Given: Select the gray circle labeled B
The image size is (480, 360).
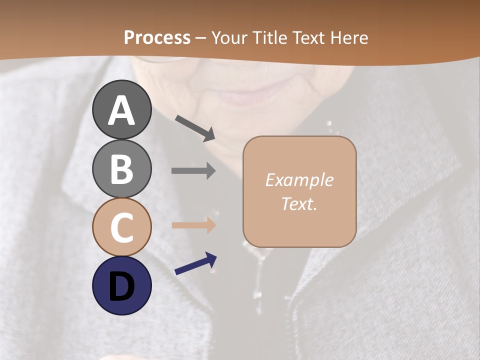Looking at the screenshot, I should point(121,168).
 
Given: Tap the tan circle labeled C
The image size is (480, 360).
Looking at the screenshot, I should point(121,227).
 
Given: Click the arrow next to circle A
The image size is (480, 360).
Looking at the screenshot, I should point(195,127).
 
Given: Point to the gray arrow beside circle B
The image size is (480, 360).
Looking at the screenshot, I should point(193,171).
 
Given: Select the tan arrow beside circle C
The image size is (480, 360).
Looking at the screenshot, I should point(193,225).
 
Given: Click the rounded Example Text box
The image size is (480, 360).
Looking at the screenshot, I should point(299,191).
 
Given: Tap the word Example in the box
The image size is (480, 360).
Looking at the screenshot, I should point(299,180).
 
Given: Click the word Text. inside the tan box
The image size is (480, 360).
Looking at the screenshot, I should point(299,204).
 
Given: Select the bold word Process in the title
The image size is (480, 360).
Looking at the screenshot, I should point(157,37).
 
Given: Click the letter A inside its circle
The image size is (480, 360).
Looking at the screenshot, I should point(121,110).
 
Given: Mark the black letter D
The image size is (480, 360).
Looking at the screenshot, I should point(121,286).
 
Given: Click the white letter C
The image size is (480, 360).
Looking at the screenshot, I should point(121,227).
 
